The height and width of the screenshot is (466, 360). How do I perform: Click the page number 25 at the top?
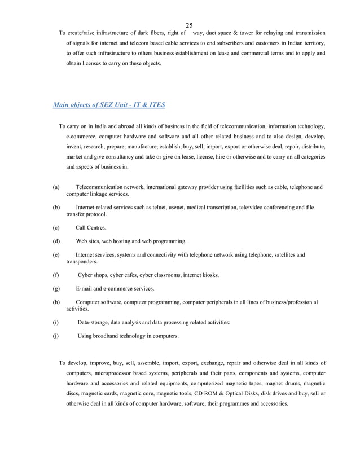point(189,25)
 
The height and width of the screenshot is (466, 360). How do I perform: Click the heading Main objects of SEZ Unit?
point(108,104)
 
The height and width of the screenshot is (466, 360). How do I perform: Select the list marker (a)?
point(56,187)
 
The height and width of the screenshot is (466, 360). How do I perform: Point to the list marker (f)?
point(56,275)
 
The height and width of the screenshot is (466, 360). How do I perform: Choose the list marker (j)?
point(56,336)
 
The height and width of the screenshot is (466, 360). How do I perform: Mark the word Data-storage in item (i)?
point(95,323)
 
